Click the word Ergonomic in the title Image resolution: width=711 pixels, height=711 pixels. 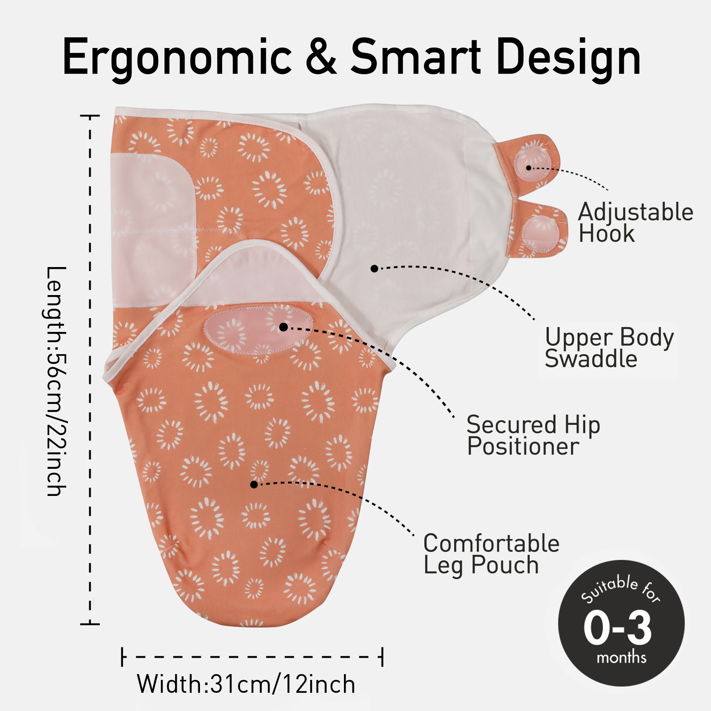[177, 57]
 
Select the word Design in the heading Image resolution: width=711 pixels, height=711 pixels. [568, 58]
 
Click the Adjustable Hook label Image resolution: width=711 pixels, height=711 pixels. [636, 222]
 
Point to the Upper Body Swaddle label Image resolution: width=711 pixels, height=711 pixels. [609, 348]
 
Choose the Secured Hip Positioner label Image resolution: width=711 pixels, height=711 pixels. [533, 435]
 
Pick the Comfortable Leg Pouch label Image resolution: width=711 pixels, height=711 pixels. [491, 554]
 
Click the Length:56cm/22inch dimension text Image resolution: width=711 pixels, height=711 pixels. [56, 381]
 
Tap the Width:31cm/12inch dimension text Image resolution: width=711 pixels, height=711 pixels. [246, 684]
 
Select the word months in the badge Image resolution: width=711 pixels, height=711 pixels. [621, 657]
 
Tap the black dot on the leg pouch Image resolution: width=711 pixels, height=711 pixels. [254, 484]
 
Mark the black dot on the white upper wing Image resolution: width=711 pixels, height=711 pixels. [374, 268]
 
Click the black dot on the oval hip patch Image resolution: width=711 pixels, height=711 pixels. [284, 327]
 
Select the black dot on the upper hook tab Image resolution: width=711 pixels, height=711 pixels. [528, 168]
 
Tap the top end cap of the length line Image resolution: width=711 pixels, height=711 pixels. [90, 116]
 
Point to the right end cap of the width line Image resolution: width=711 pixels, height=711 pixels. [382, 657]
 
